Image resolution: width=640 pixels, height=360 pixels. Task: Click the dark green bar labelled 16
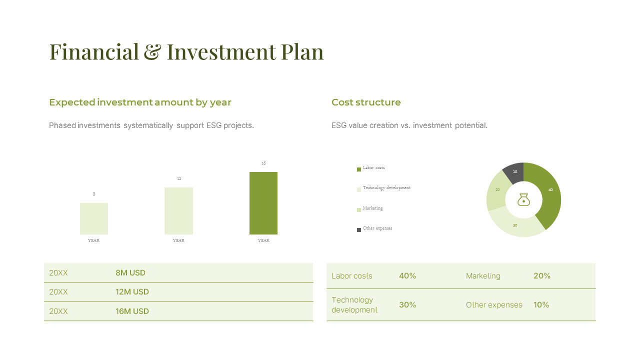tap(263, 203)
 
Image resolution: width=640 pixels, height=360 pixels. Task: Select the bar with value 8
tap(94, 218)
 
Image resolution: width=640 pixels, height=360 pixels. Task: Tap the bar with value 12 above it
tap(178, 210)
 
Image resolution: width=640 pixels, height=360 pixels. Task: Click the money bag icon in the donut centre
tap(523, 199)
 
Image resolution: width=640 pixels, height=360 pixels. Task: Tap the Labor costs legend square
tap(358, 169)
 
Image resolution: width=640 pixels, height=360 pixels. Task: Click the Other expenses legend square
tap(358, 230)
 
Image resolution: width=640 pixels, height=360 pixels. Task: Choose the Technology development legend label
tap(386, 188)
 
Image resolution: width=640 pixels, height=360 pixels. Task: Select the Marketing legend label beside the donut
tap(373, 208)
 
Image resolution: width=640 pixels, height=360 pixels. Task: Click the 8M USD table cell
tap(130, 273)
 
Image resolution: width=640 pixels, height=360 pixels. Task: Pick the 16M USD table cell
tap(132, 311)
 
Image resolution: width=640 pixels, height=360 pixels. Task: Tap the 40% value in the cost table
tap(407, 276)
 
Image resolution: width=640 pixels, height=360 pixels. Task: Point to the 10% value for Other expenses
tap(541, 305)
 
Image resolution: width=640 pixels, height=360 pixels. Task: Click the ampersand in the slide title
tap(152, 52)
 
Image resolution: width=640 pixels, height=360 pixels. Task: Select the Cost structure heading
tap(366, 102)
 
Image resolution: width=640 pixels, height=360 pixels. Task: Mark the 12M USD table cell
tap(132, 292)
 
